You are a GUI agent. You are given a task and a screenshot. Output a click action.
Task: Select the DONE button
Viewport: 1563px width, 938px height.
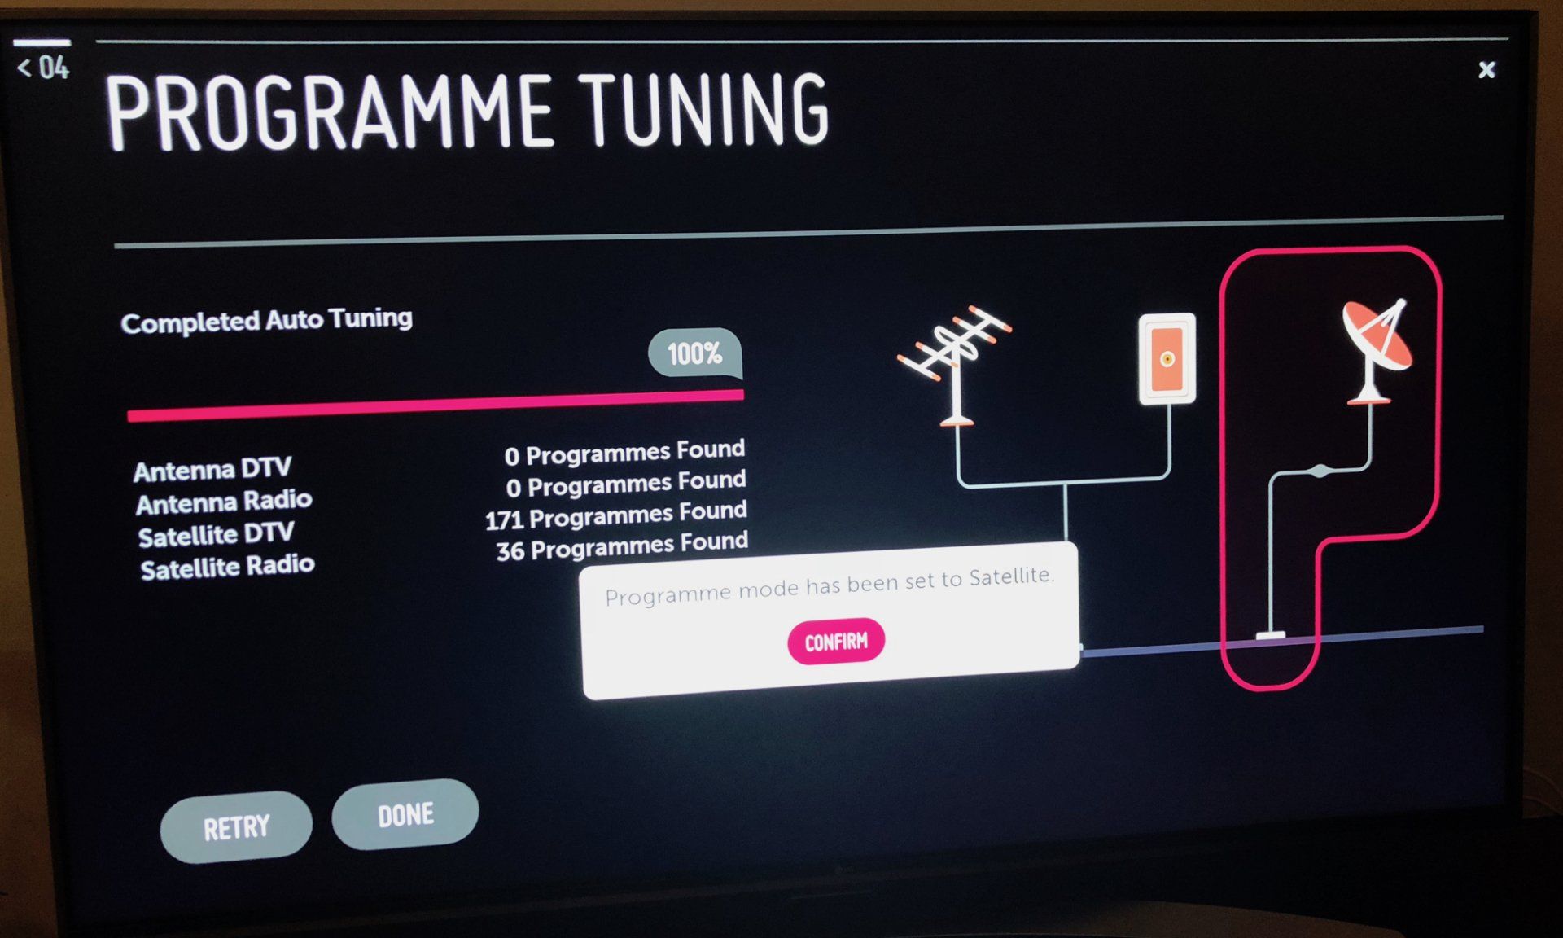405,815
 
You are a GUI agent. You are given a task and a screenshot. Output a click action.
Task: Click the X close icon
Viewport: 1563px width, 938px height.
1486,70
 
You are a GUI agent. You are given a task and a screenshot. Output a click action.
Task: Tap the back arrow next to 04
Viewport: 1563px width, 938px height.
24,68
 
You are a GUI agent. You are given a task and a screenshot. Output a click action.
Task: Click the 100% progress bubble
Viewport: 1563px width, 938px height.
694,353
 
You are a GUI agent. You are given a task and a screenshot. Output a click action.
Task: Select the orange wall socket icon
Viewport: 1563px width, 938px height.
1167,359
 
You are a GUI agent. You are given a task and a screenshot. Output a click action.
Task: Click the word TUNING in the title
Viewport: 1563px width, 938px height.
706,110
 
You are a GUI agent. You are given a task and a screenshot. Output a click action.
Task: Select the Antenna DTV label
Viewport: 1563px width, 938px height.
212,470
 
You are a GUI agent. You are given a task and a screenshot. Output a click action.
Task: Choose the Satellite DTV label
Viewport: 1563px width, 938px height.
216,535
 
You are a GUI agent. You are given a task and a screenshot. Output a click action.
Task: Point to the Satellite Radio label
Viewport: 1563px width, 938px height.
227,567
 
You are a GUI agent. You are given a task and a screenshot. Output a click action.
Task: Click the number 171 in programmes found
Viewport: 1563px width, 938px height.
503,519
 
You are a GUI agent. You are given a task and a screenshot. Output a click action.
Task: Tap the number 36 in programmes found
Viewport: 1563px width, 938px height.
510,551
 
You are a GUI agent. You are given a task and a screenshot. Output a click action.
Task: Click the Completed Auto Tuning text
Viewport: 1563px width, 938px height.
266,320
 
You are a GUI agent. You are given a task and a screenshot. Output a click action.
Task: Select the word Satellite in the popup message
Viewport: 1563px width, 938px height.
1010,577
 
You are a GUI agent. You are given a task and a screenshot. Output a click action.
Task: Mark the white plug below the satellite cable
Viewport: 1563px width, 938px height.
1270,635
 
